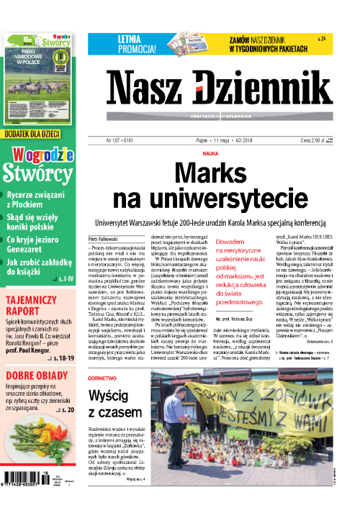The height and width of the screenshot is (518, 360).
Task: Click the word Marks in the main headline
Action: pos(211,175)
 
